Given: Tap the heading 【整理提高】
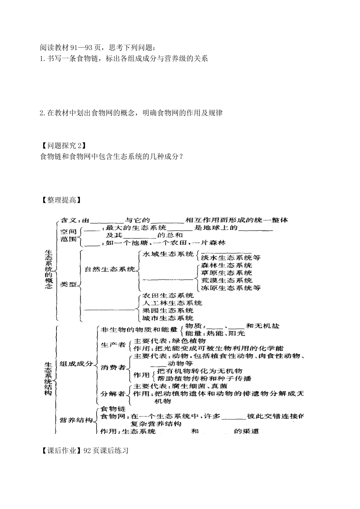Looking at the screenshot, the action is tap(61, 200).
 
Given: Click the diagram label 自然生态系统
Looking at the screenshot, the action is tap(110, 269).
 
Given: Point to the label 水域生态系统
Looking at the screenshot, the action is tap(167, 254).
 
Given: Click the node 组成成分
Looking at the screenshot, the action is tap(76, 363).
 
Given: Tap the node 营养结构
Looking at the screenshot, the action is tap(76, 420).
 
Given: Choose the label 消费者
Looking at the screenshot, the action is tap(113, 367).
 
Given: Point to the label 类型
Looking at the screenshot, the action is tap(68, 284).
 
